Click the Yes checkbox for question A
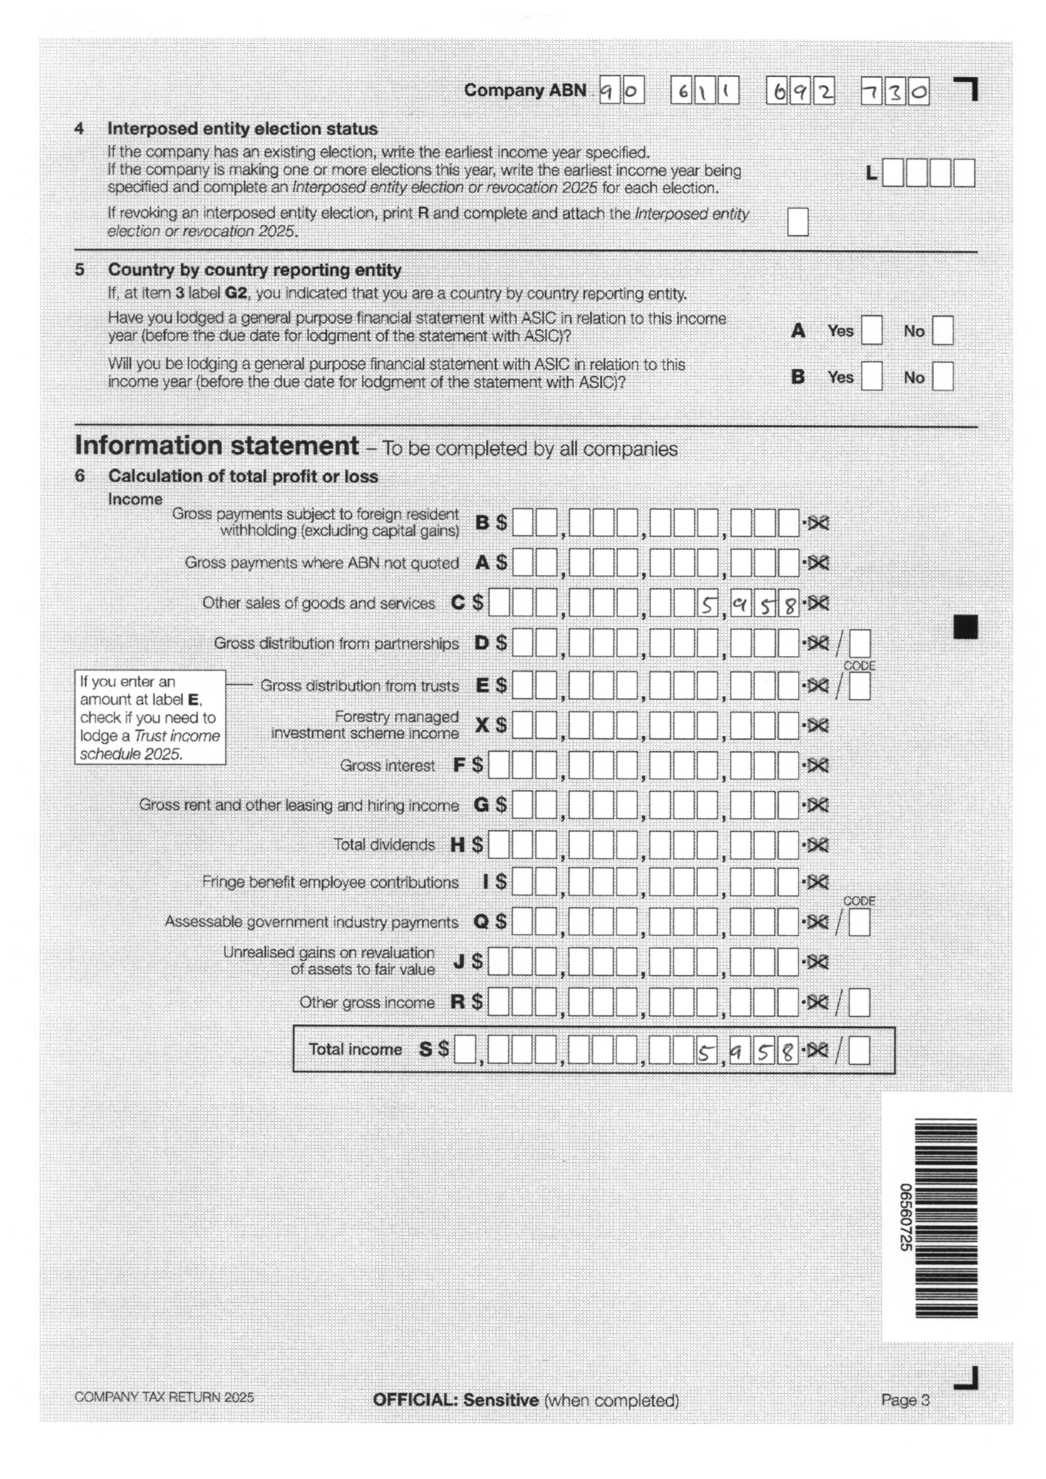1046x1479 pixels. click(871, 330)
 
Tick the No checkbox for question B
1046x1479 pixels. click(942, 377)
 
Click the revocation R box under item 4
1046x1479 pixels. click(797, 221)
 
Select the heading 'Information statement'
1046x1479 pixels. click(216, 446)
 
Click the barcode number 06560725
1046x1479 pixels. click(905, 1218)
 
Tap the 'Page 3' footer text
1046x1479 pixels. click(906, 1400)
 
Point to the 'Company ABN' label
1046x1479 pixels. click(525, 90)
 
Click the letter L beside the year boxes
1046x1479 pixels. click(871, 173)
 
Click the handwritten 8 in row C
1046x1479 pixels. click(788, 604)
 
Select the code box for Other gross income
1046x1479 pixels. click(859, 1003)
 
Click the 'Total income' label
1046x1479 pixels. click(355, 1049)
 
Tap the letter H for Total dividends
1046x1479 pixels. click(457, 845)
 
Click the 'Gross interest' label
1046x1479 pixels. click(387, 765)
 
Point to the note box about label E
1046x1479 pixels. click(150, 717)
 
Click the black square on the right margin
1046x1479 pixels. click(965, 627)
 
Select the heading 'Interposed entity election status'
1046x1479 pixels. click(242, 129)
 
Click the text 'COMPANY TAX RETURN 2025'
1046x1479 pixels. click(164, 1397)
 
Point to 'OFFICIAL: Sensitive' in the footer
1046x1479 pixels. click(455, 1400)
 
